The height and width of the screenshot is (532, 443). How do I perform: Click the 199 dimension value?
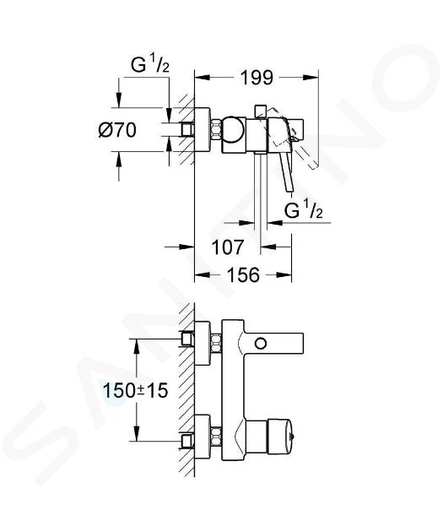[x=257, y=78]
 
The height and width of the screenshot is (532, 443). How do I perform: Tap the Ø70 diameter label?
[x=117, y=130]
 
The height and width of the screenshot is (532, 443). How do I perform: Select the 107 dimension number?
[x=228, y=247]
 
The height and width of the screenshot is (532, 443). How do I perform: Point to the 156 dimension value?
[x=243, y=274]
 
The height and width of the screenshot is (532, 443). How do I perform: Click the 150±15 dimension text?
[x=135, y=390]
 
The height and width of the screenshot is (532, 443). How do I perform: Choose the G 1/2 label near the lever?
[x=304, y=210]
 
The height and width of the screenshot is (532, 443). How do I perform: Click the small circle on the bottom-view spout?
[x=261, y=344]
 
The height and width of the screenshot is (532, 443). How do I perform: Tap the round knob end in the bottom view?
[x=279, y=437]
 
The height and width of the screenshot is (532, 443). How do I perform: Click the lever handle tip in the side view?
[x=289, y=190]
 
